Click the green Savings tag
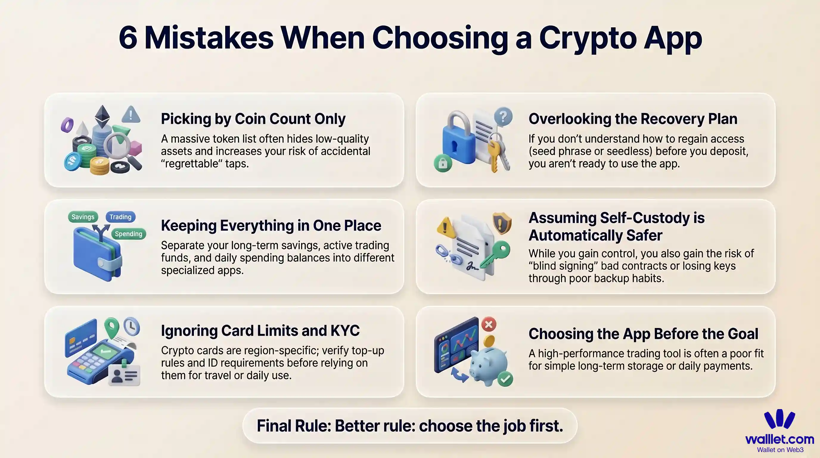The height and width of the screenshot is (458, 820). click(83, 217)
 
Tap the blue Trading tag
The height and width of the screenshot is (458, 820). click(120, 217)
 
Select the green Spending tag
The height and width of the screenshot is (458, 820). click(128, 234)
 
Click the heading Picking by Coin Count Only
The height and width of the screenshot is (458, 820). click(253, 119)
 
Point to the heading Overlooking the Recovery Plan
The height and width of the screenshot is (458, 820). click(633, 119)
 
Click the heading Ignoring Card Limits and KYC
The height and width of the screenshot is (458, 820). click(260, 331)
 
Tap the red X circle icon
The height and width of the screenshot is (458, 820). click(489, 324)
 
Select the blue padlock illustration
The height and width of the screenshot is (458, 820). click(458, 140)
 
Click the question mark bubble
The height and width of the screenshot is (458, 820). click(503, 117)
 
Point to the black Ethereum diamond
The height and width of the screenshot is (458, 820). click(102, 116)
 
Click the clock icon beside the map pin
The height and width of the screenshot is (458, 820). click(131, 326)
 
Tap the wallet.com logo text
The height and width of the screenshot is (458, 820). click(779, 439)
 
